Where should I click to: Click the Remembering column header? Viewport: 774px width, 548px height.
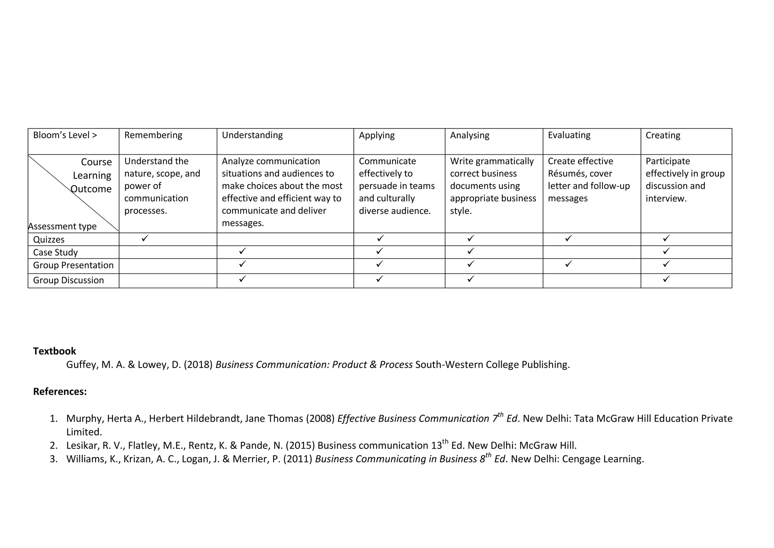click(x=153, y=135)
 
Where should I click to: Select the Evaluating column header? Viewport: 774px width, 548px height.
click(x=569, y=135)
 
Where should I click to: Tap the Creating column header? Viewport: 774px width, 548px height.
click(x=663, y=135)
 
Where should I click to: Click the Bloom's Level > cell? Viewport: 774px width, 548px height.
click(x=65, y=135)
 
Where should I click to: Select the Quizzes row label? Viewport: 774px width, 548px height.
click(x=49, y=240)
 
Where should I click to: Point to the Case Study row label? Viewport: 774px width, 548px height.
click(x=55, y=253)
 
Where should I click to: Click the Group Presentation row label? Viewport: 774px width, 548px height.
click(x=73, y=265)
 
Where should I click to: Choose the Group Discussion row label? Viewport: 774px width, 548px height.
click(x=68, y=281)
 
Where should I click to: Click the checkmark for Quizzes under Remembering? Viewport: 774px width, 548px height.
click(x=145, y=238)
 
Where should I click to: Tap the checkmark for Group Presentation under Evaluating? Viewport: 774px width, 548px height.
click(x=568, y=264)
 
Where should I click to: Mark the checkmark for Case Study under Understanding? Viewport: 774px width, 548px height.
click(x=242, y=251)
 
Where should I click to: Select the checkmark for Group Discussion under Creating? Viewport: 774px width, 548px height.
click(x=666, y=279)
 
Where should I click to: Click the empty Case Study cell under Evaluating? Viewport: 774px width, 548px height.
click(x=591, y=252)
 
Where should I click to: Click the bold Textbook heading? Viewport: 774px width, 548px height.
click(x=54, y=351)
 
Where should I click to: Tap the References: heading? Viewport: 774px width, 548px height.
click(x=60, y=392)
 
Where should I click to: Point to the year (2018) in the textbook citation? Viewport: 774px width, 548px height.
click(x=198, y=365)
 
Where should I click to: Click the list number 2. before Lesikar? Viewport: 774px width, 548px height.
click(x=54, y=446)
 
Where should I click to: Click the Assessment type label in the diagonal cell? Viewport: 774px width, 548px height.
click(x=62, y=227)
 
